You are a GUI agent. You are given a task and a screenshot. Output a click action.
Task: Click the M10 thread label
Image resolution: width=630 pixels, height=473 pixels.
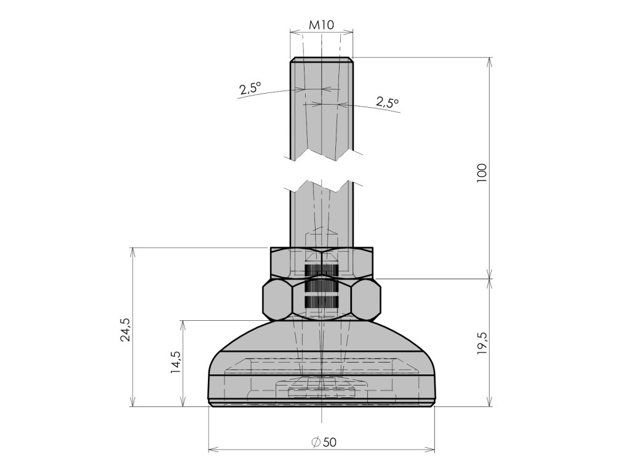(x=321, y=25)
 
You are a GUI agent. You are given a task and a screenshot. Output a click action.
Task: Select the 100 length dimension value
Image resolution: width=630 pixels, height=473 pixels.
(x=481, y=173)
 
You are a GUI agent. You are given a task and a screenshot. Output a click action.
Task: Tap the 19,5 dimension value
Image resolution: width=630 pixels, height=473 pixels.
(x=482, y=343)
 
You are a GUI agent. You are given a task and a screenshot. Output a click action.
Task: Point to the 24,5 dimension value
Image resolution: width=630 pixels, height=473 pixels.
(x=126, y=330)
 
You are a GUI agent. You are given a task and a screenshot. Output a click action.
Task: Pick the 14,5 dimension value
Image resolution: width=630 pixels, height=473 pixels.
(x=176, y=362)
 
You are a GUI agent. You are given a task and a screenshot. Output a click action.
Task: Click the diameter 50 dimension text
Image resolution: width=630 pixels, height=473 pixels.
(x=324, y=442)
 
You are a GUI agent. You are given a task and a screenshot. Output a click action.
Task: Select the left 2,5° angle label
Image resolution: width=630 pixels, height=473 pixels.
(x=250, y=88)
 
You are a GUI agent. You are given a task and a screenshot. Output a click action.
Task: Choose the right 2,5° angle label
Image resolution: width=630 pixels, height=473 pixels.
(x=388, y=102)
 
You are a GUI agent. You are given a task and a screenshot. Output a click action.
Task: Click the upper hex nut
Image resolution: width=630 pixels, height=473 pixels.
(x=321, y=262)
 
